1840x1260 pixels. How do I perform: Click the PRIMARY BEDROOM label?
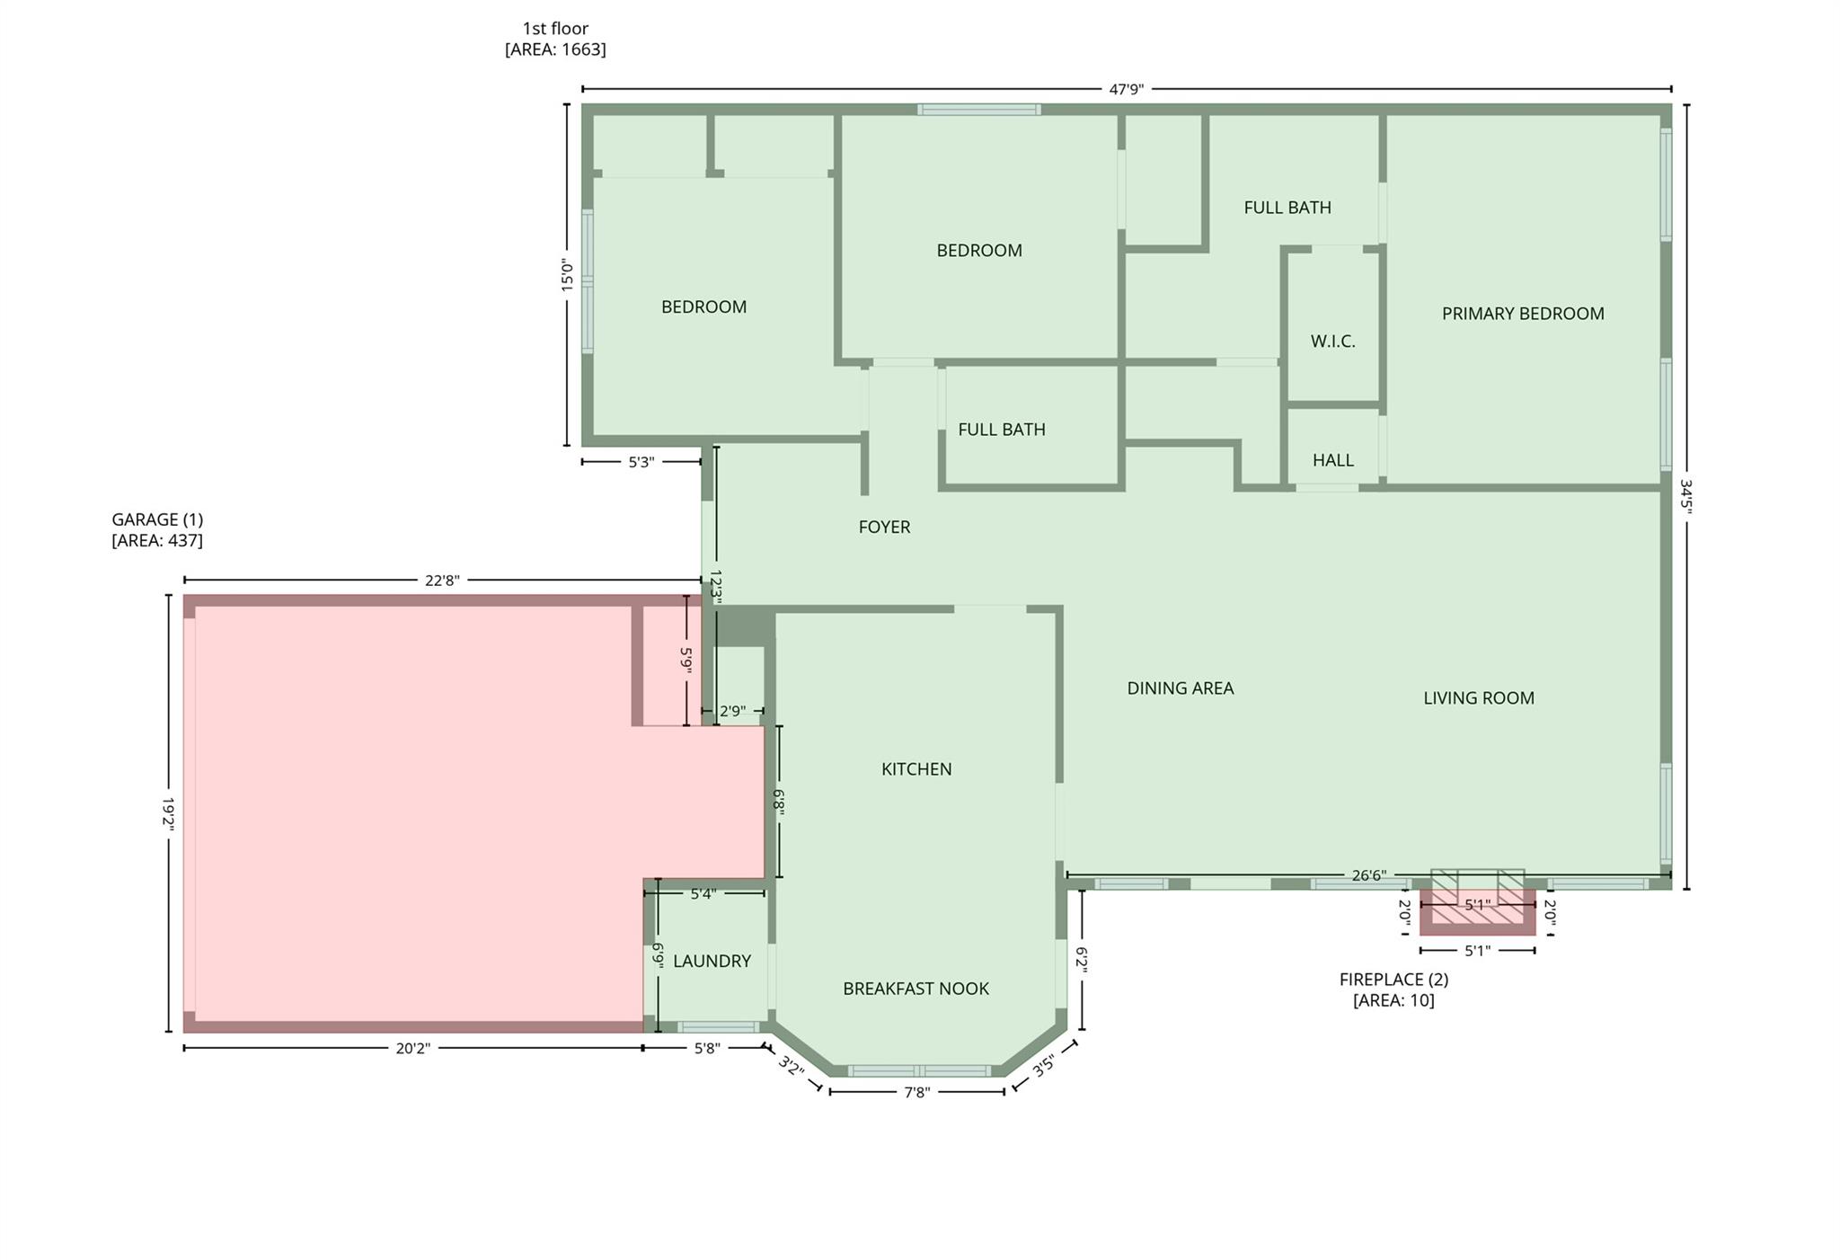(x=1523, y=314)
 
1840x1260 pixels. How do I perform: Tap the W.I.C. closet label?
(x=1332, y=342)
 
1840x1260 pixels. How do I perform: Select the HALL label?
(x=1332, y=460)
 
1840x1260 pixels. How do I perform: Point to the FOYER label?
(x=884, y=528)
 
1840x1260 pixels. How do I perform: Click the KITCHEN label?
(x=916, y=769)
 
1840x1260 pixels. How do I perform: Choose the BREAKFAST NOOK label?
(x=916, y=989)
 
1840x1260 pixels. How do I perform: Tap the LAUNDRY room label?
(x=712, y=961)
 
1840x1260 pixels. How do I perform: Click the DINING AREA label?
(x=1181, y=688)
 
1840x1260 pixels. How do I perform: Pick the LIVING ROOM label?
(x=1479, y=698)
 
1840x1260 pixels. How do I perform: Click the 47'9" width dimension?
(x=1127, y=89)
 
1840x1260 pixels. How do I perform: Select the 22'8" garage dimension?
(x=442, y=581)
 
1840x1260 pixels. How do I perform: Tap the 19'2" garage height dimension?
(x=168, y=814)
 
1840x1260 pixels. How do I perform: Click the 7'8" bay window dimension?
(x=916, y=1092)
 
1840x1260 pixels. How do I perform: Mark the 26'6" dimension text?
(x=1369, y=875)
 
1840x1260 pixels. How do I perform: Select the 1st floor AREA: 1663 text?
(x=555, y=49)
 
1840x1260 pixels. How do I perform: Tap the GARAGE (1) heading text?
(x=157, y=519)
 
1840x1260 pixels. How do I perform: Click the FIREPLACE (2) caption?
(x=1393, y=980)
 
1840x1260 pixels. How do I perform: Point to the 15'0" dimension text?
(x=567, y=275)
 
